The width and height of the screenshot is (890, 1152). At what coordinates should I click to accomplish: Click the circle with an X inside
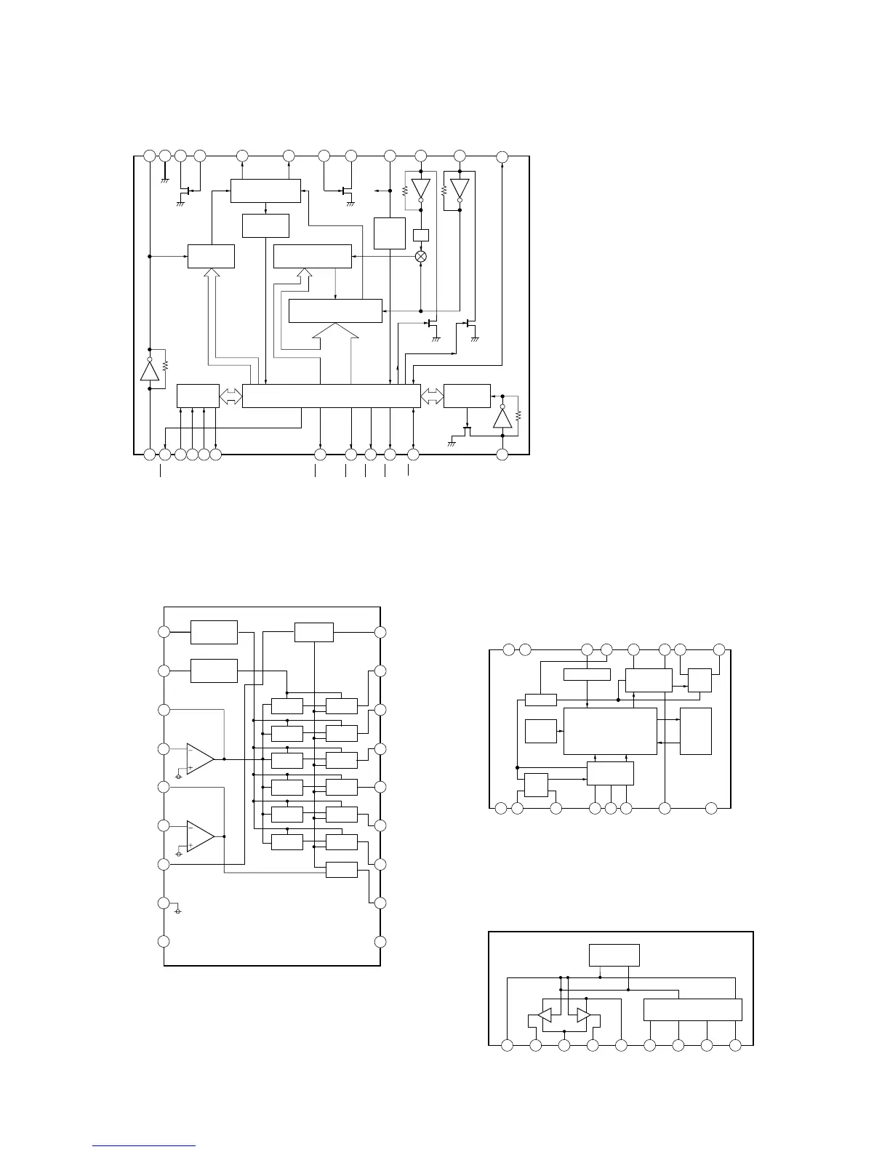420,256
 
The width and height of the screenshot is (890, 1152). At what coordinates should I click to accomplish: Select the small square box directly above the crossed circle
420,235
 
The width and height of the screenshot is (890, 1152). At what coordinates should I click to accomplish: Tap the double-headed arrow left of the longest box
230,396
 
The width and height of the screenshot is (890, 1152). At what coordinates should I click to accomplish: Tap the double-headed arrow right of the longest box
432,396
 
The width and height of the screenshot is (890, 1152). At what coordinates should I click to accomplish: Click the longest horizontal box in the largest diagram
331,396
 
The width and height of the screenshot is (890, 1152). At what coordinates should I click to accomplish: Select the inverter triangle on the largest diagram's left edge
150,371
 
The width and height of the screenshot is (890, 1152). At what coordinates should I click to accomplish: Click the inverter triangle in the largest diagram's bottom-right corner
502,418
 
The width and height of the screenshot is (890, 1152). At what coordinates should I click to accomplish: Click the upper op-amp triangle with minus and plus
200,759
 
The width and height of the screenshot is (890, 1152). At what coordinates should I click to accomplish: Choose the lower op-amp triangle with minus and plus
200,836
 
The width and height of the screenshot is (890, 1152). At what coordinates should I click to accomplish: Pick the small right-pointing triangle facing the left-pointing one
583,1015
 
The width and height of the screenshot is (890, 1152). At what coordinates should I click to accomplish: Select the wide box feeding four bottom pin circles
693,1009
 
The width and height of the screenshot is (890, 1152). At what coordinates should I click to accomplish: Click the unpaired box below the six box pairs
342,869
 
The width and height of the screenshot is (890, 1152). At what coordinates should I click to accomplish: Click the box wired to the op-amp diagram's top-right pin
314,632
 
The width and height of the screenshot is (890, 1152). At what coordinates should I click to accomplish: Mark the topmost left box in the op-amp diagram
214,632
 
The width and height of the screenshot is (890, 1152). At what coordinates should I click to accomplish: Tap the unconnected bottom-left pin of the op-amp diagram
164,941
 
